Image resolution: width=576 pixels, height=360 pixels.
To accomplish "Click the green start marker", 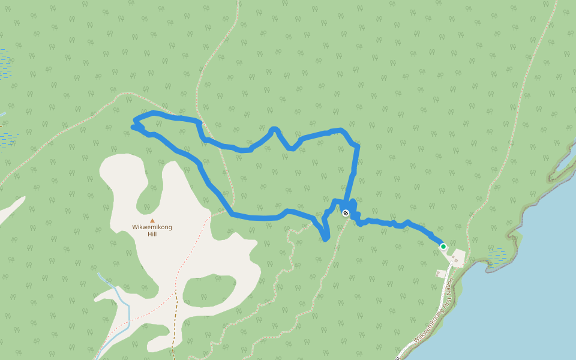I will [443, 246].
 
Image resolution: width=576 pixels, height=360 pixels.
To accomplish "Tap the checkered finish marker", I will [346, 212].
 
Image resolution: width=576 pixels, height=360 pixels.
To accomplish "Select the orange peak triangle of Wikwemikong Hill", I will [152, 220].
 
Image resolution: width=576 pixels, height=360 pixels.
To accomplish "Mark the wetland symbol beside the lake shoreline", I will [497, 256].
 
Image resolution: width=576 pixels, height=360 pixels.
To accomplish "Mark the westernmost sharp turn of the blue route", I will [134, 126].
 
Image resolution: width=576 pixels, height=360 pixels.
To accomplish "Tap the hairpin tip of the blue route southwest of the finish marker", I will [325, 239].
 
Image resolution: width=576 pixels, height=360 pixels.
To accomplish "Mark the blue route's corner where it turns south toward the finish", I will [357, 146].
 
